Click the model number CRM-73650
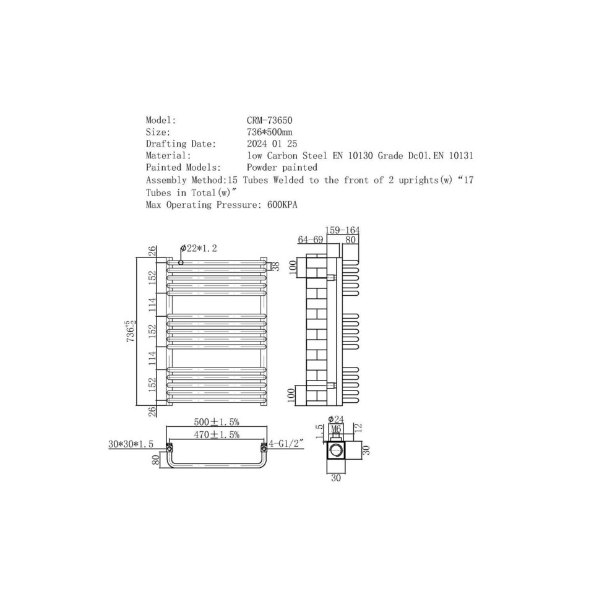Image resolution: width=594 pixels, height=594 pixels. click(x=269, y=120)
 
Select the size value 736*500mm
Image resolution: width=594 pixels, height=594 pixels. click(x=269, y=132)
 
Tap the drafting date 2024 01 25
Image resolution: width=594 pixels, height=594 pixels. click(x=272, y=144)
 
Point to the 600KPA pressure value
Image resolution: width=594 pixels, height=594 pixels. click(x=282, y=205)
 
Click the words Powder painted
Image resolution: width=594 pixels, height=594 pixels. click(x=282, y=168)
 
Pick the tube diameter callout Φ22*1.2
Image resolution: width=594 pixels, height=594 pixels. click(x=199, y=249)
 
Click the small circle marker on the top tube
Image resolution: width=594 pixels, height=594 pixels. click(x=181, y=262)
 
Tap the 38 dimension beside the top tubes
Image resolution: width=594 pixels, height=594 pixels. click(x=275, y=266)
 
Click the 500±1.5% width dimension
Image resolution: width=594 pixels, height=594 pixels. click(x=217, y=422)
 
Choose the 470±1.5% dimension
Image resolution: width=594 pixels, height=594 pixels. click(x=217, y=434)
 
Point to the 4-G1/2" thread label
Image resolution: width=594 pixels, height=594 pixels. click(x=286, y=443)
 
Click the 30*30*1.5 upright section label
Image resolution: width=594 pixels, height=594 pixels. click(x=131, y=444)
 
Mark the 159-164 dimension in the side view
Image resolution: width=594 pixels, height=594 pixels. click(x=342, y=230)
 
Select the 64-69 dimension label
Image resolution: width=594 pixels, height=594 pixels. click(x=310, y=239)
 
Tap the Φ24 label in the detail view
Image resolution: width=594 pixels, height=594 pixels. click(x=335, y=419)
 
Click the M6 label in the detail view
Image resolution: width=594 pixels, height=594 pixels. click(x=336, y=428)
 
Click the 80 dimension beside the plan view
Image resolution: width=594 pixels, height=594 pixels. click(x=156, y=460)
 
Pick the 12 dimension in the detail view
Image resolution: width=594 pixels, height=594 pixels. click(x=359, y=428)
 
